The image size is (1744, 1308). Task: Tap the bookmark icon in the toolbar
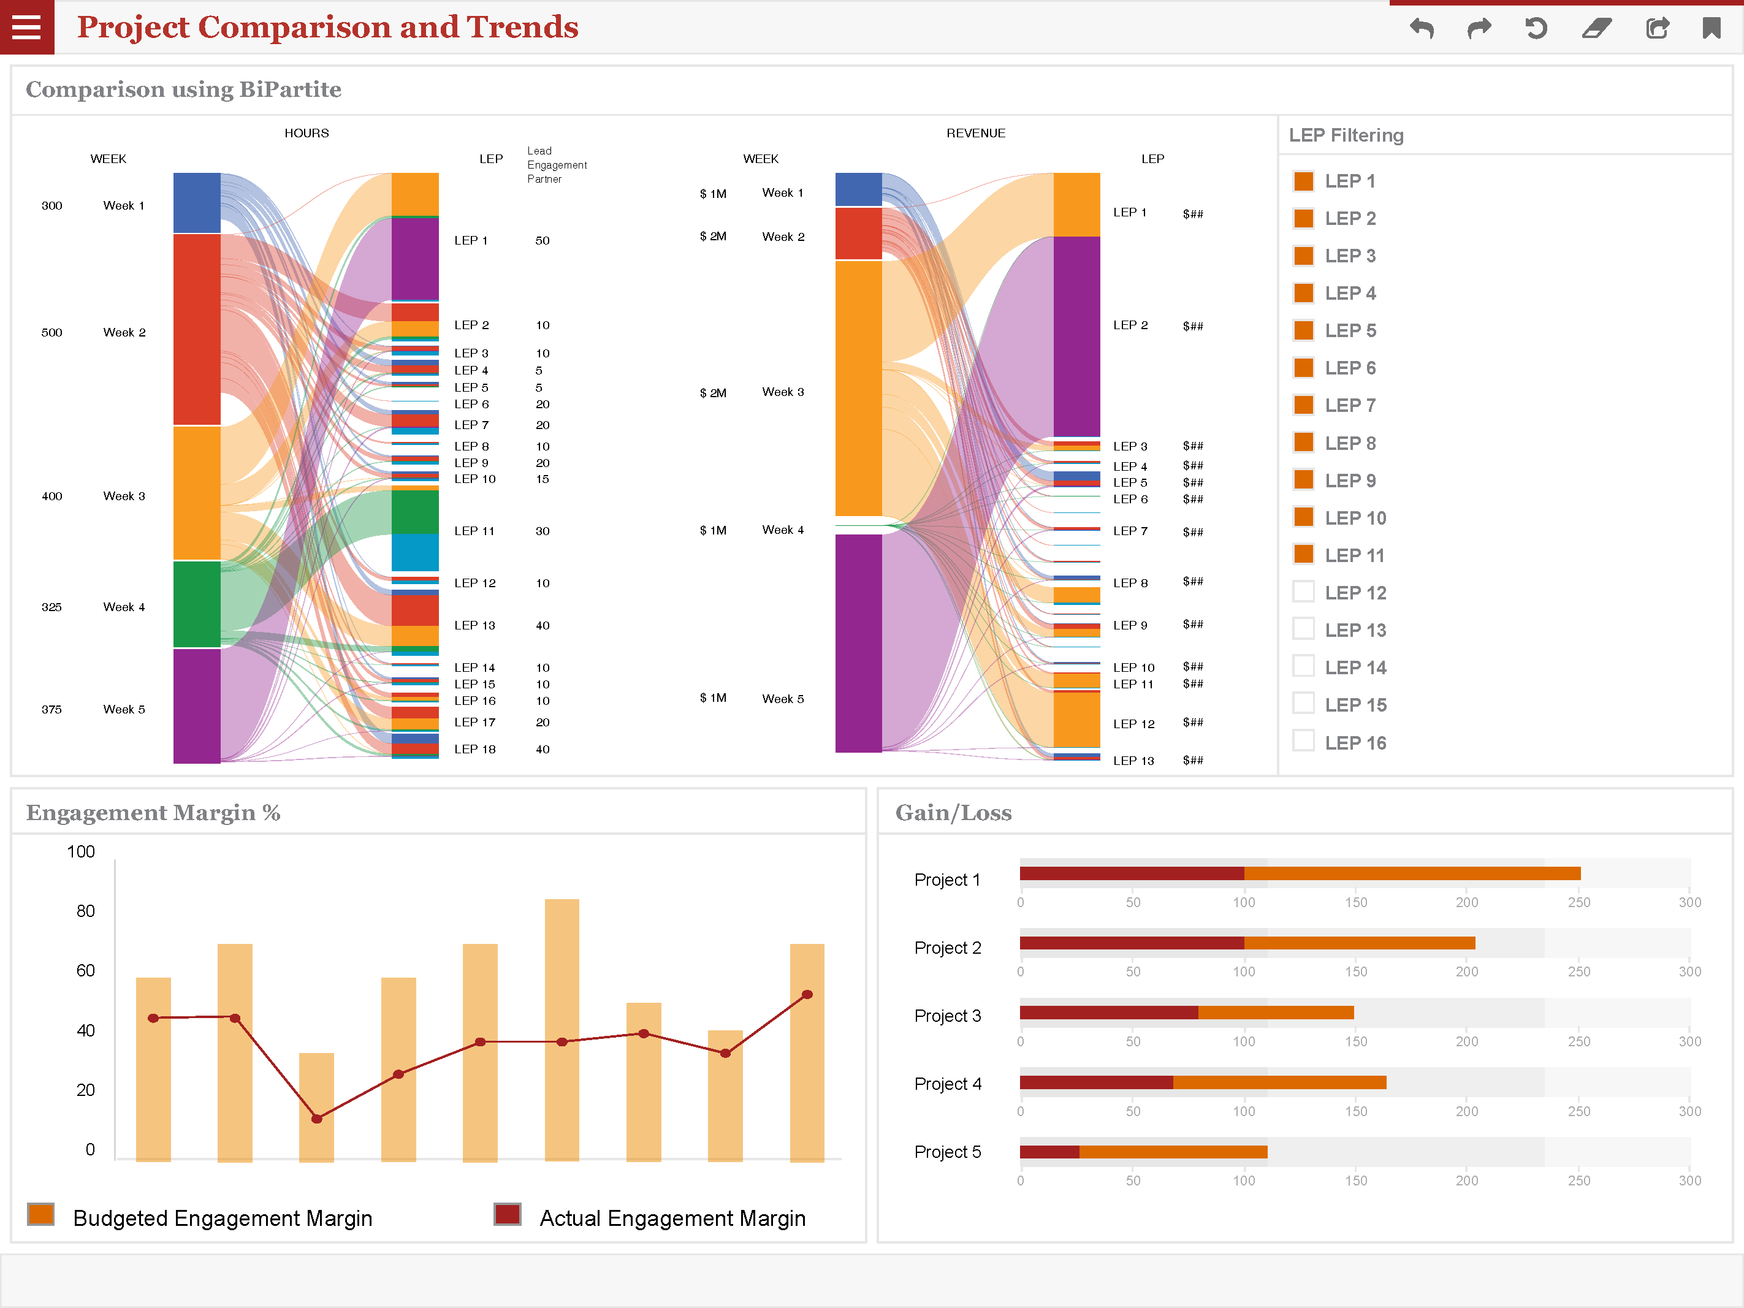pyautogui.click(x=1711, y=28)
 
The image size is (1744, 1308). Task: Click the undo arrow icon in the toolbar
pyautogui.click(x=1422, y=28)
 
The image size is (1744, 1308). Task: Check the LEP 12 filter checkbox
pyautogui.click(x=1303, y=591)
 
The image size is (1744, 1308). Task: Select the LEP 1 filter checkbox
pyautogui.click(x=1303, y=181)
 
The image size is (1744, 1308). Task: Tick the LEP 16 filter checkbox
pyautogui.click(x=1303, y=741)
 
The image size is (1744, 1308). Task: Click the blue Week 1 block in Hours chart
pyautogui.click(x=196, y=203)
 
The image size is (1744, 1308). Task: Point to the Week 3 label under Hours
pyautogui.click(x=124, y=496)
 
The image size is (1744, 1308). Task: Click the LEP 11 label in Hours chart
pyautogui.click(x=474, y=531)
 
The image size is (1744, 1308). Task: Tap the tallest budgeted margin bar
pyautogui.click(x=562, y=1029)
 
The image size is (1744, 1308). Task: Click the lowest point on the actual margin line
pyautogui.click(x=316, y=1118)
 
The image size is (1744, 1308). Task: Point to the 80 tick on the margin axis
pyautogui.click(x=85, y=911)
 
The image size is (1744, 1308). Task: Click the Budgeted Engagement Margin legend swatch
pyautogui.click(x=41, y=1214)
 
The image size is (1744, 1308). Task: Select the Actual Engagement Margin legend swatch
pyautogui.click(x=507, y=1214)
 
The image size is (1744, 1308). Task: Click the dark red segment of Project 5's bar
pyautogui.click(x=1049, y=1152)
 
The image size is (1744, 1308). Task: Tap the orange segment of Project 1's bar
pyautogui.click(x=1411, y=873)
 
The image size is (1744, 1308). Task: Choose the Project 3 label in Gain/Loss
pyautogui.click(x=947, y=1016)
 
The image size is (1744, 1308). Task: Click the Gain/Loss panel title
pyautogui.click(x=953, y=812)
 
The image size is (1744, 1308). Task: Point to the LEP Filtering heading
pyautogui.click(x=1346, y=135)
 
